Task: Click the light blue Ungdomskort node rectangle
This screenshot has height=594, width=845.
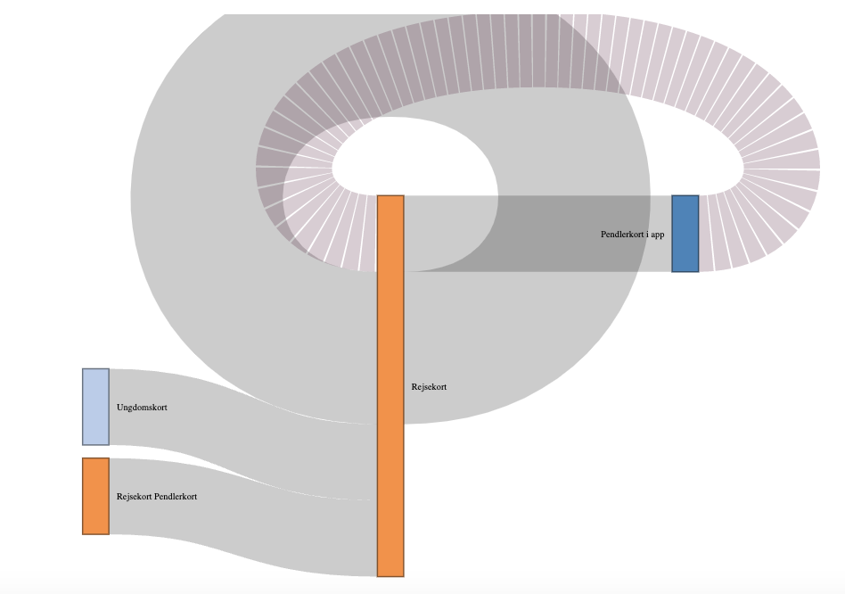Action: (96, 407)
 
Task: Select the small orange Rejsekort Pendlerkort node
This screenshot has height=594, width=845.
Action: (96, 497)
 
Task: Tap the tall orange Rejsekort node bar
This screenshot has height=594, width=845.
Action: (390, 386)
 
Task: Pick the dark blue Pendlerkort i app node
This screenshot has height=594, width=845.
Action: (685, 234)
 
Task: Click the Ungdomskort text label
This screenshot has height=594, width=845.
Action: (142, 408)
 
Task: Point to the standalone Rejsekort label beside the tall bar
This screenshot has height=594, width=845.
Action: (429, 387)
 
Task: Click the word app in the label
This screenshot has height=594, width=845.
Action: (658, 235)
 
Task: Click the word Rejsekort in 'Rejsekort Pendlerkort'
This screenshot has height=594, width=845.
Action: (135, 497)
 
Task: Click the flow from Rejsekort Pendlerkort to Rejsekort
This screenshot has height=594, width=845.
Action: (242, 516)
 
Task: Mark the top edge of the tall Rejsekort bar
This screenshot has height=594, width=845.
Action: (390, 195)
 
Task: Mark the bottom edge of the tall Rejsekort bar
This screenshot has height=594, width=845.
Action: (390, 576)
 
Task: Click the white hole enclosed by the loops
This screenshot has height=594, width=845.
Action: (415, 156)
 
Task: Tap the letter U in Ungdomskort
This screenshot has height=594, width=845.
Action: (119, 407)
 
